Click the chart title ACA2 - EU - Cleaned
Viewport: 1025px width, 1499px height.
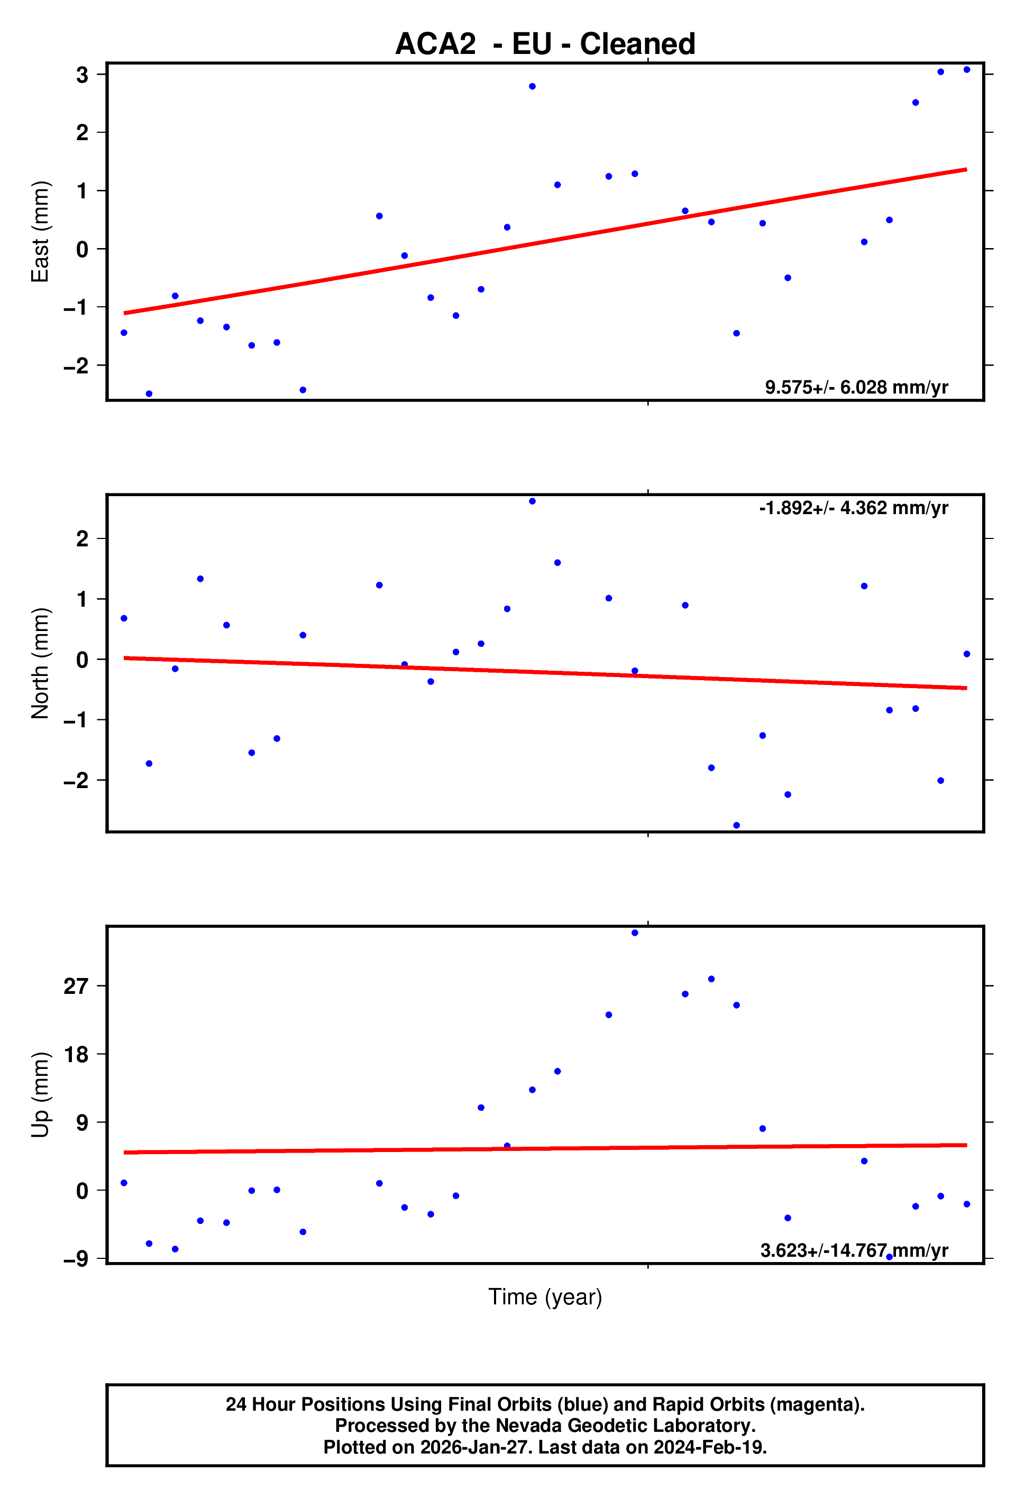coord(545,44)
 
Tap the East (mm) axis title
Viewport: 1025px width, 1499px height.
coord(40,232)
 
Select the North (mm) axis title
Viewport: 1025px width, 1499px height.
coord(40,663)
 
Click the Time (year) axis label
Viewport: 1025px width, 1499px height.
coord(545,1296)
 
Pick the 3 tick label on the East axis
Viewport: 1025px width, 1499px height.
coord(82,75)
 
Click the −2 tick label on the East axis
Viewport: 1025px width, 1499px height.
coord(76,365)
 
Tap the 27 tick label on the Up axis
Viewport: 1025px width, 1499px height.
coord(76,986)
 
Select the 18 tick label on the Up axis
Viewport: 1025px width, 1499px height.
coord(76,1055)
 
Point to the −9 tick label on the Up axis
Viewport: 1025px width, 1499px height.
coord(76,1259)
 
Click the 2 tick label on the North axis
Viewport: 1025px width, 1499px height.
coord(82,538)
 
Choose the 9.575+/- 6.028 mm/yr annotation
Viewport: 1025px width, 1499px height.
coord(856,387)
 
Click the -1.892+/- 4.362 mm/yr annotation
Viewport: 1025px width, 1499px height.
coord(854,508)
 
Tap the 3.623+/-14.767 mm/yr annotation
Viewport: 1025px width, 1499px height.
coord(854,1251)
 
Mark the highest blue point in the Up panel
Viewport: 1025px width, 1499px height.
coord(635,933)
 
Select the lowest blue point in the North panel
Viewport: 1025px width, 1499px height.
coord(737,826)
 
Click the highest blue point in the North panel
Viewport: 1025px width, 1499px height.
coord(532,501)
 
